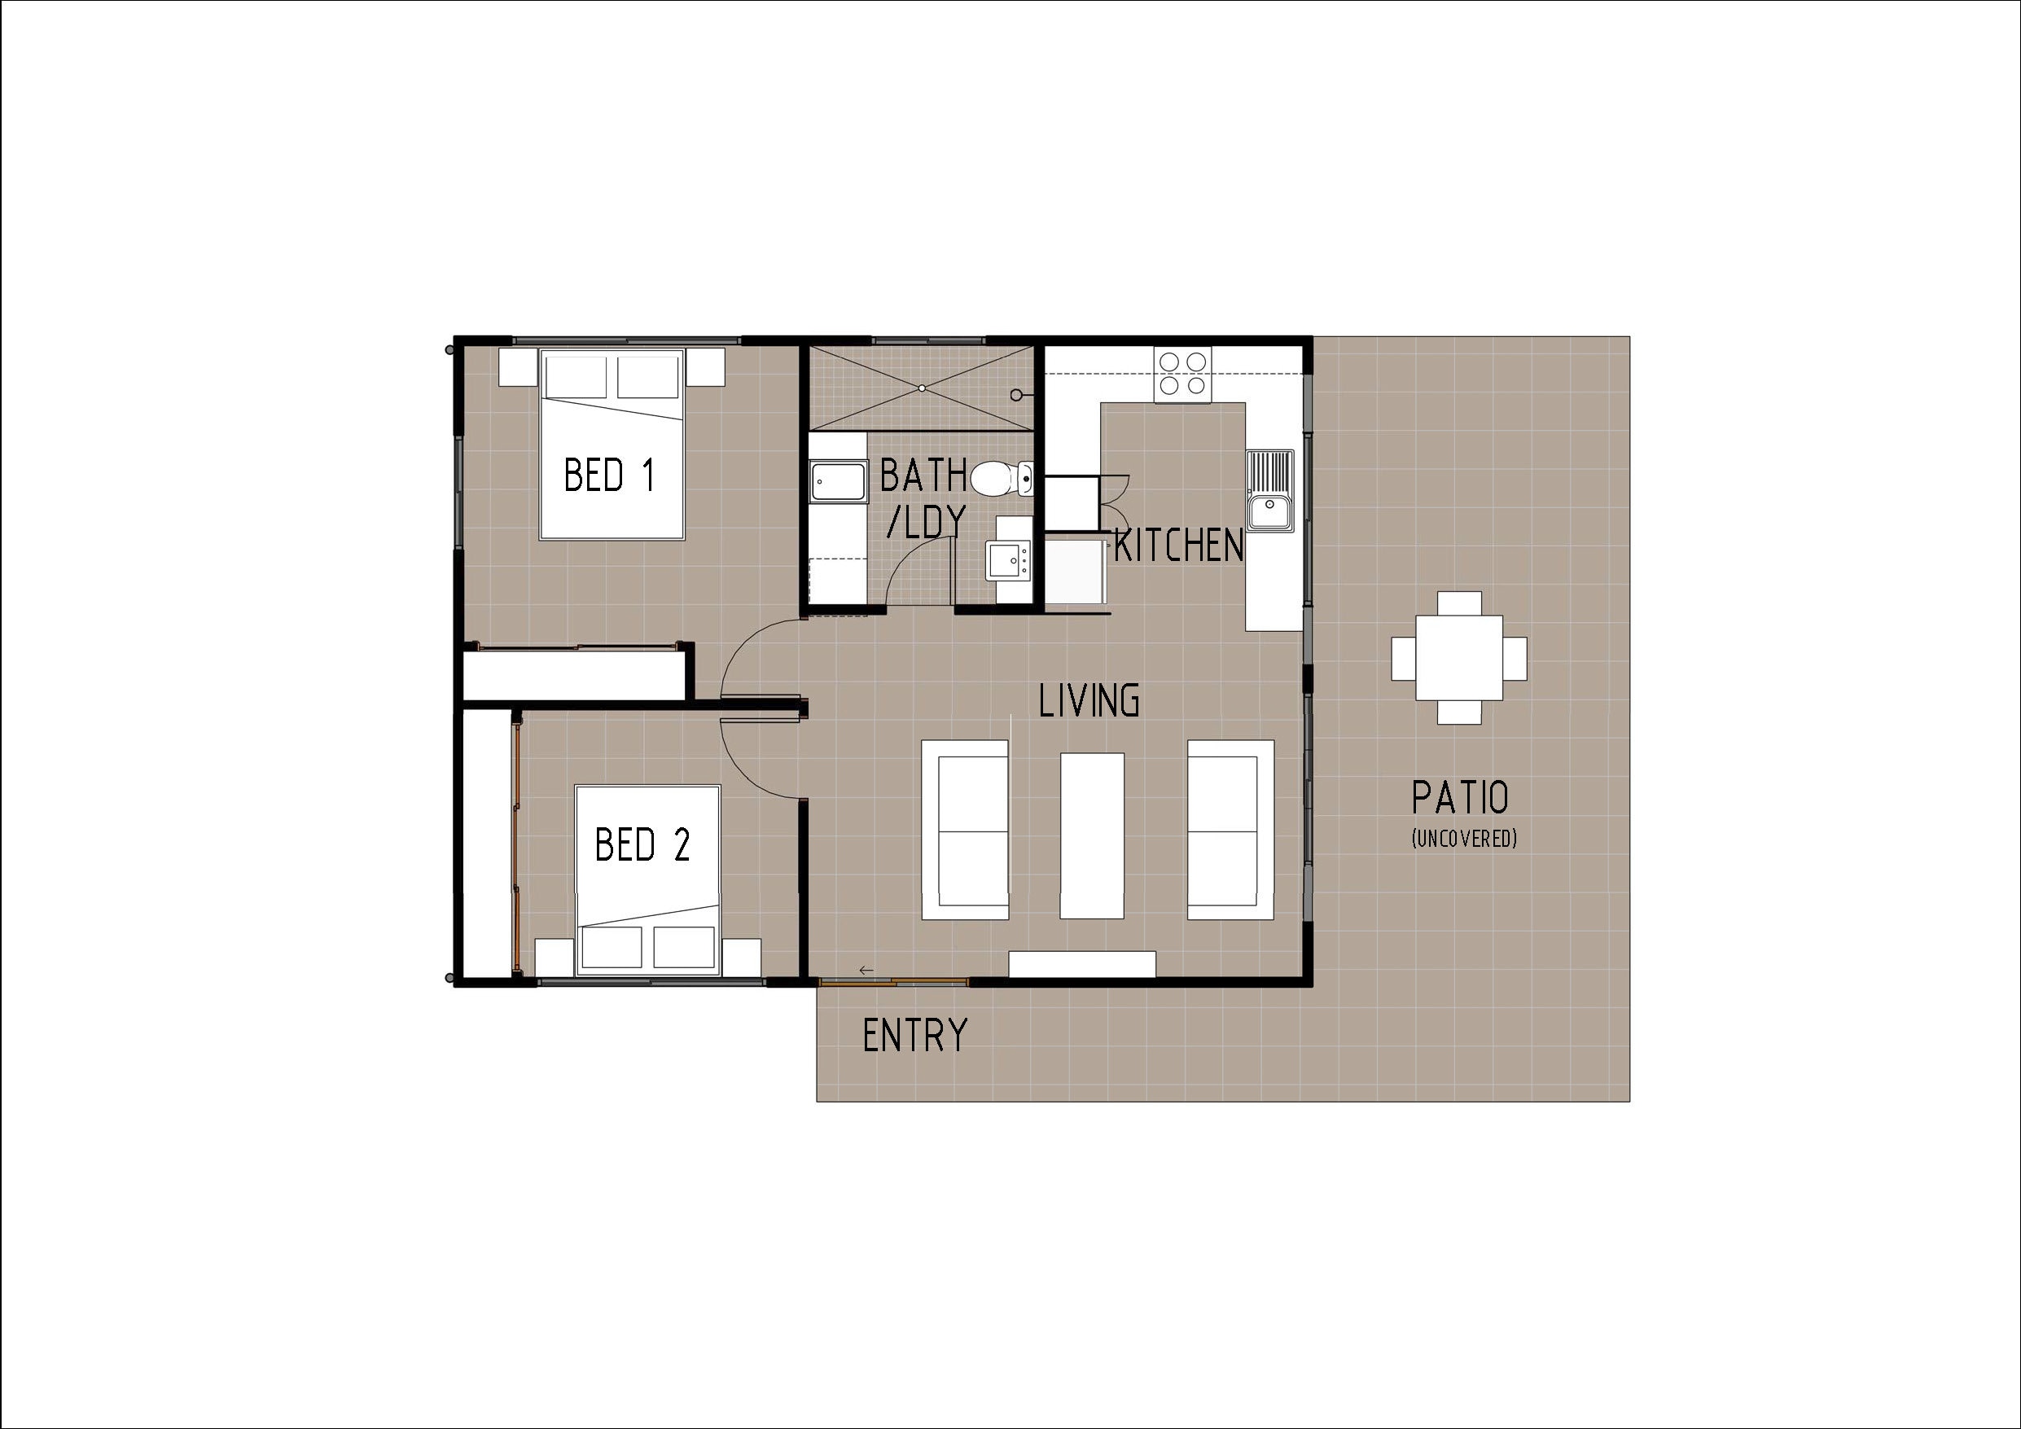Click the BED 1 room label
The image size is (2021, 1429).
point(609,476)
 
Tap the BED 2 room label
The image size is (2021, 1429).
point(642,844)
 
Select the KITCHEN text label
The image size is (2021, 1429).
point(1178,546)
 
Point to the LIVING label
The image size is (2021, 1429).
point(1089,701)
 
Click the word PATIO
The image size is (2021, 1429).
point(1460,798)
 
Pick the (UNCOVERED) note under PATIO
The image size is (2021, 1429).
point(1464,839)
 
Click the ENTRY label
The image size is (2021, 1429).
point(914,1036)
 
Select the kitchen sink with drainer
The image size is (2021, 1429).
point(1270,490)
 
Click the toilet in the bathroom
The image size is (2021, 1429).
point(998,478)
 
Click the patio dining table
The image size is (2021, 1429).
point(1458,658)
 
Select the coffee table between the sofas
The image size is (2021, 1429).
point(1091,835)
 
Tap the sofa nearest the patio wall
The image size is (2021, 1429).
point(1230,830)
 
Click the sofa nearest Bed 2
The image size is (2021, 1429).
point(965,830)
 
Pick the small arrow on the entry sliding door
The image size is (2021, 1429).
point(866,970)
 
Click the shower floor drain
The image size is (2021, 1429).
point(922,388)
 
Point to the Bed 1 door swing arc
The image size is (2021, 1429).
point(739,651)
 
